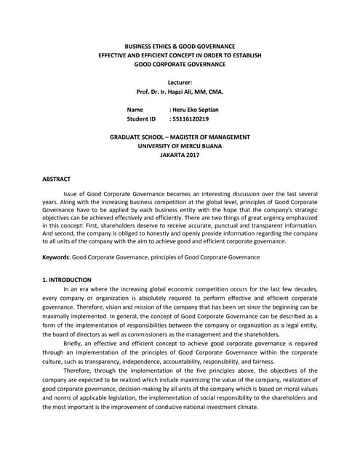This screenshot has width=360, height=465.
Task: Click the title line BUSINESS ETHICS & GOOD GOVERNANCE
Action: (x=180, y=46)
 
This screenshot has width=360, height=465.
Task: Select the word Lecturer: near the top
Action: (x=180, y=83)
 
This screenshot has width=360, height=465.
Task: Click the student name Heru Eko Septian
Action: (x=196, y=110)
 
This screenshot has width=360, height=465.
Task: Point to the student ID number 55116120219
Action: (x=191, y=118)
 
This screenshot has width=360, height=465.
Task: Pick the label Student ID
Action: (x=141, y=118)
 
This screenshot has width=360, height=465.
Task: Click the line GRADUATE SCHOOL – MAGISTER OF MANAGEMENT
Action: (x=180, y=137)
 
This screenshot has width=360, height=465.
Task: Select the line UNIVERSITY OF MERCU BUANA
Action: (x=180, y=145)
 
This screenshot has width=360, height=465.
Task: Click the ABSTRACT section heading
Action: (x=56, y=178)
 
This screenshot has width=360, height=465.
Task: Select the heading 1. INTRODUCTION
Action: (x=67, y=280)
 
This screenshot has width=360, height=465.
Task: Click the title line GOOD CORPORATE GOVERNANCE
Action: (x=180, y=64)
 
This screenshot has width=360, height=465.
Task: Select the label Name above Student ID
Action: (x=135, y=110)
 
